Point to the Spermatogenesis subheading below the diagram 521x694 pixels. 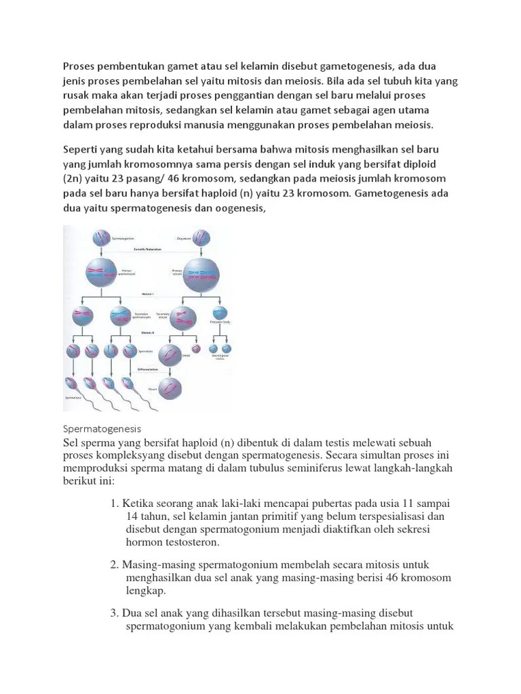101,429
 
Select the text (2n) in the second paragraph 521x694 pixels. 75,178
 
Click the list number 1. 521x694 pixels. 113,504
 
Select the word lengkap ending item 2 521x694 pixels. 146,591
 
